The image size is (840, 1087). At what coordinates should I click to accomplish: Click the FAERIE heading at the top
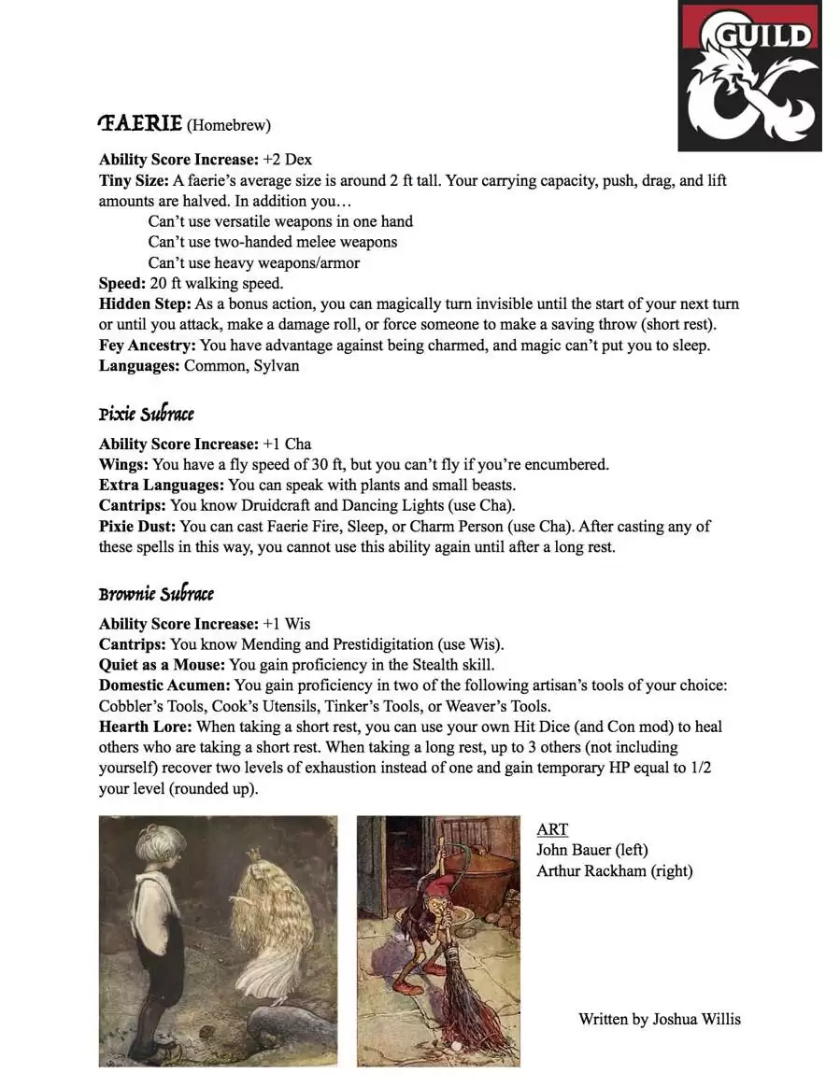(x=140, y=123)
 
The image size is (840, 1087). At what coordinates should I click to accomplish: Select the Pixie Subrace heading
(x=147, y=414)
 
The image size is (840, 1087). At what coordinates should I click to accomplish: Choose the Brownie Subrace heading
(x=156, y=594)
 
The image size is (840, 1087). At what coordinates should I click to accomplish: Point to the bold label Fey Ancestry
(x=148, y=346)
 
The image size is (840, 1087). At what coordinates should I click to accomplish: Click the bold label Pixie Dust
(x=136, y=527)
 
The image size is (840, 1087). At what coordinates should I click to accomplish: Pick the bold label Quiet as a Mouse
(x=162, y=665)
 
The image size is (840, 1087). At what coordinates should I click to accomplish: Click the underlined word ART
(x=552, y=829)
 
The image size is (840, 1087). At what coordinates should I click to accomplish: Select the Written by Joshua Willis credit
(x=659, y=1019)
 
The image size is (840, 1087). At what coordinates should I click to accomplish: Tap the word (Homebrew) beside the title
(x=229, y=125)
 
